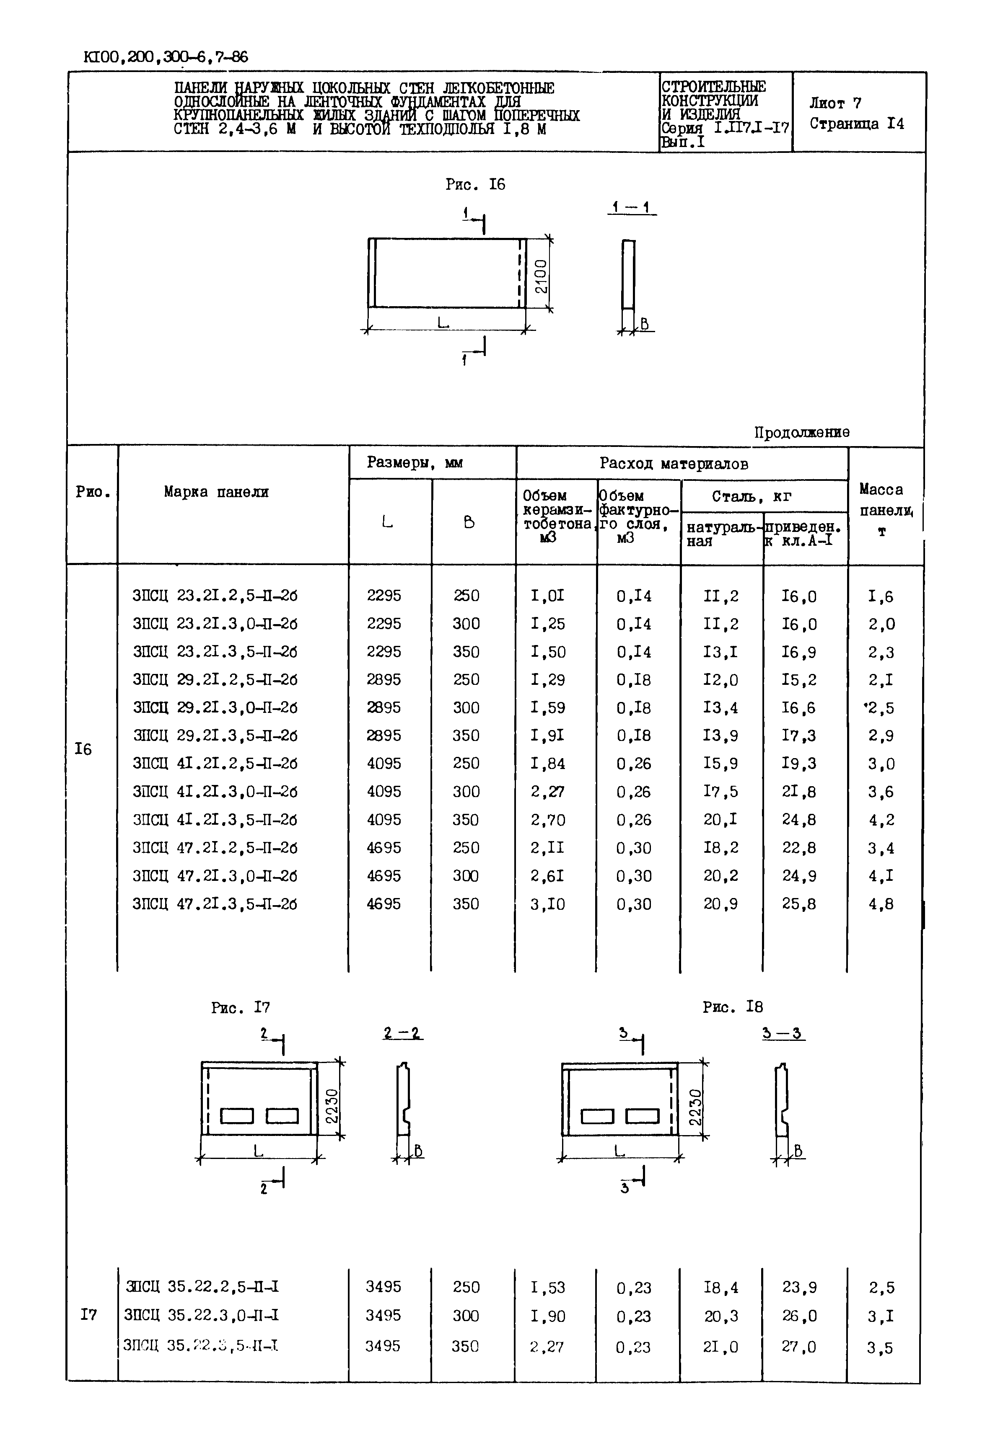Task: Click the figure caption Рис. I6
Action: tap(475, 185)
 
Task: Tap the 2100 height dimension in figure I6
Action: tap(541, 276)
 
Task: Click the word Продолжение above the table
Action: tap(801, 432)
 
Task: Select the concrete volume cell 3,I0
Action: tap(548, 904)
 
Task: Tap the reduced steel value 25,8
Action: tap(799, 904)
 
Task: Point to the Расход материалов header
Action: tap(674, 464)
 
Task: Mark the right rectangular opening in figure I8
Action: tap(643, 1116)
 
